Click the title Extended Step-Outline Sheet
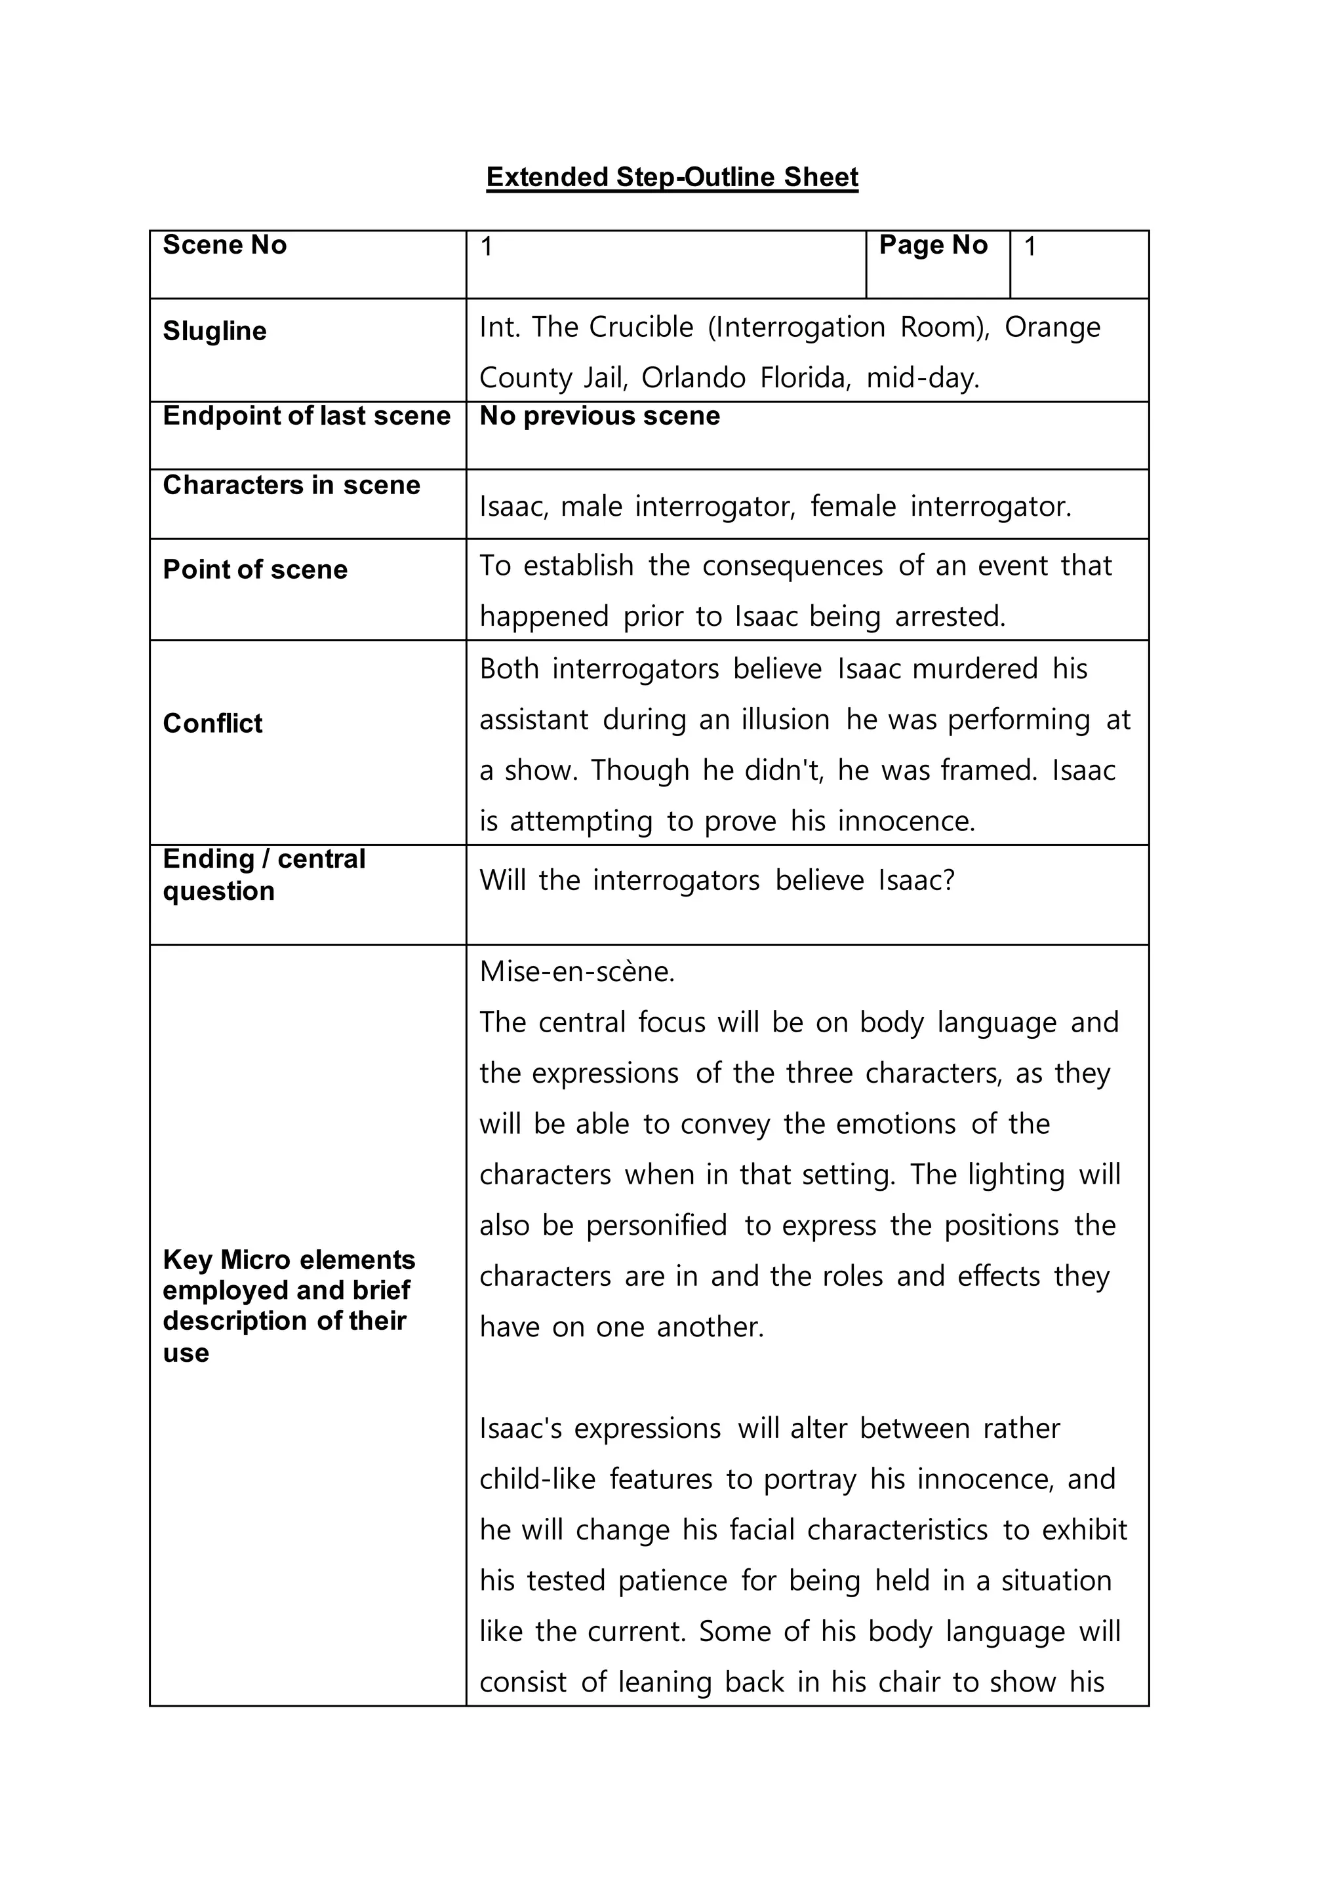click(671, 177)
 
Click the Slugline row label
click(214, 331)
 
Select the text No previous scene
click(599, 416)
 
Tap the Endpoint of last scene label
click(306, 416)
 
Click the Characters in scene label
click(291, 484)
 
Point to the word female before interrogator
click(852, 507)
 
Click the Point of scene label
click(254, 570)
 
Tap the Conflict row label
click(212, 724)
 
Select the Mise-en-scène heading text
click(576, 971)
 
